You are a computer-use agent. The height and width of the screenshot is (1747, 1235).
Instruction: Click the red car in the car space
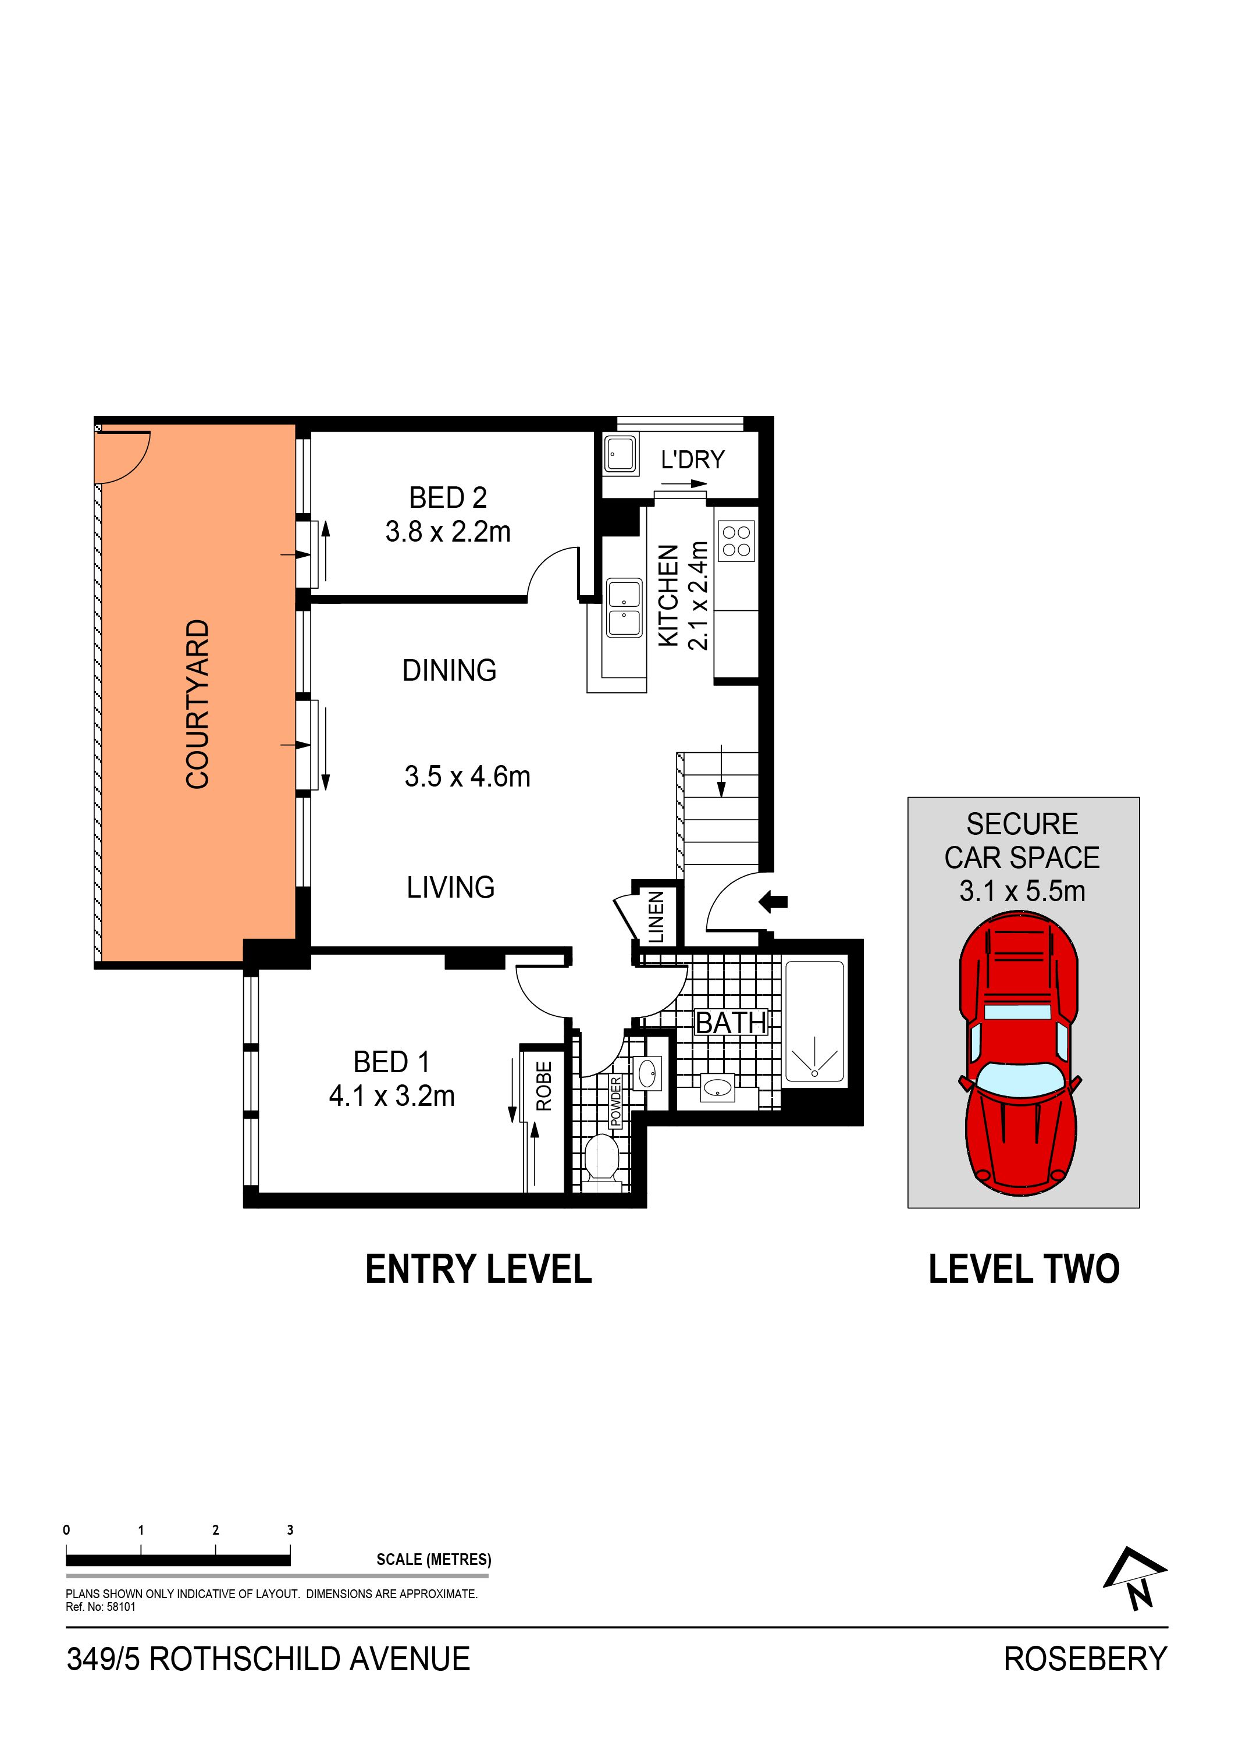(1020, 1053)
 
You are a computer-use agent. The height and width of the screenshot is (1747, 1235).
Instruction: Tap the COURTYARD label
(198, 704)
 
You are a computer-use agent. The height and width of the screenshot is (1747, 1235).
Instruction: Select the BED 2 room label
(447, 497)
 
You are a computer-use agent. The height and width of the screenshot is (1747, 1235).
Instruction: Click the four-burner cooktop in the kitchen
(736, 541)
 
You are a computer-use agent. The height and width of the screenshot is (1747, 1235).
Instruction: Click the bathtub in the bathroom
(814, 1020)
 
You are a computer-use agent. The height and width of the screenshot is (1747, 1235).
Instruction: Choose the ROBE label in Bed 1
(543, 1086)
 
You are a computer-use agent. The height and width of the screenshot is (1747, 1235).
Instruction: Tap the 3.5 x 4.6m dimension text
(467, 776)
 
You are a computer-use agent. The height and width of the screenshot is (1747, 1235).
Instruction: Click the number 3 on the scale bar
(290, 1529)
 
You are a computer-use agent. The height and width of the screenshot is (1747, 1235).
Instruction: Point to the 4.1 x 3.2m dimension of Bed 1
(392, 1095)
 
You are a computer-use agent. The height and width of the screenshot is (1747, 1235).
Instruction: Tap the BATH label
(731, 1023)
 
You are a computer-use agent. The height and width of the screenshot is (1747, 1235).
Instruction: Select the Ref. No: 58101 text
(101, 1607)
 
